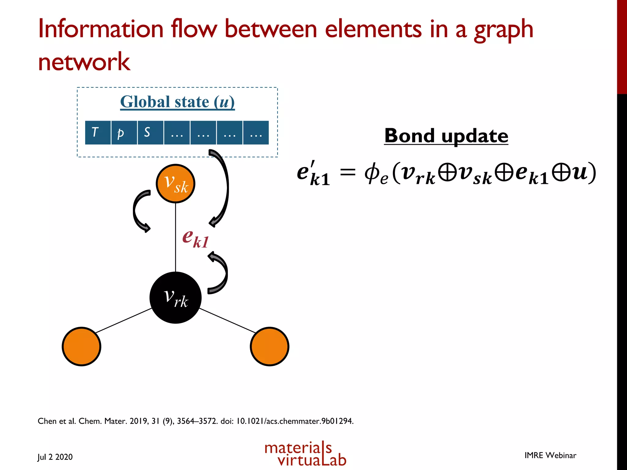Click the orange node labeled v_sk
tap(175, 184)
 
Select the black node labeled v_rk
tap(175, 297)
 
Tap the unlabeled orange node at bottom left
tap(81, 346)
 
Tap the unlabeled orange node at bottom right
tap(269, 346)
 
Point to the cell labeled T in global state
tap(98, 132)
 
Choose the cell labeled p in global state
tap(124, 132)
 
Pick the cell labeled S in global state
tap(150, 132)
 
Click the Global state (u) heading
tap(177, 102)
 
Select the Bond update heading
tap(446, 136)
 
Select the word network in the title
tap(84, 62)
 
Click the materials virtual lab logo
tap(305, 454)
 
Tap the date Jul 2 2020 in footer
tap(55, 457)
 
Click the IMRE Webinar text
tap(550, 455)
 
